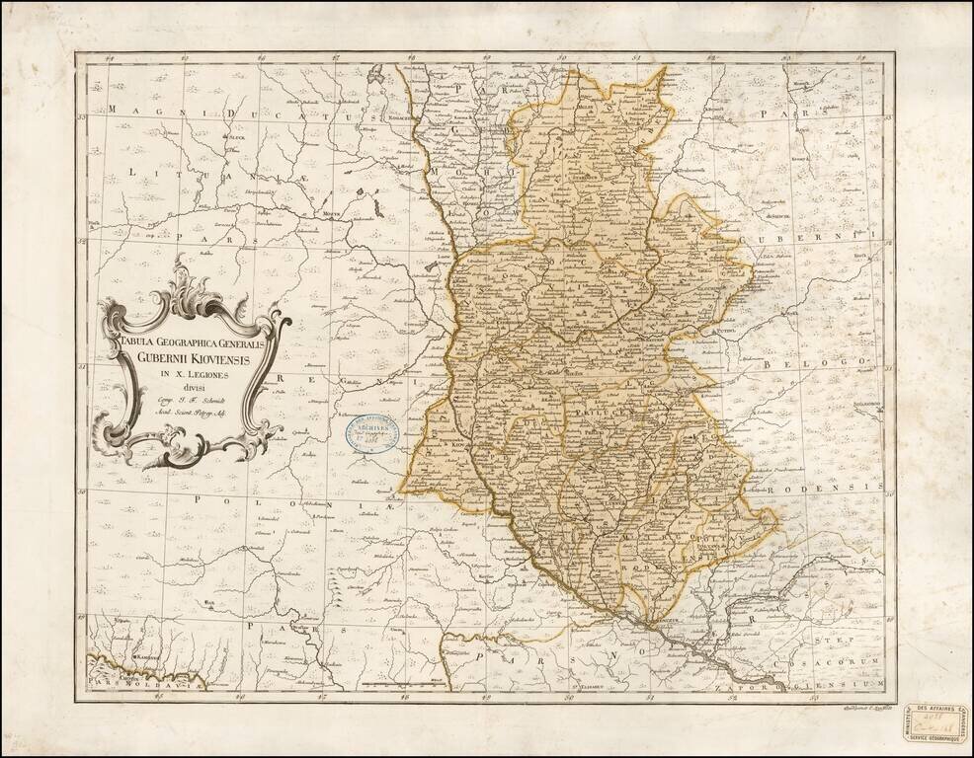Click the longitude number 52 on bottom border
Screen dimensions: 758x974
pos(732,696)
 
